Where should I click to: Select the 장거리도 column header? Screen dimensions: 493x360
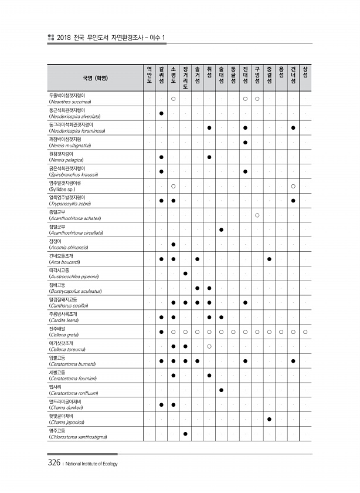185,77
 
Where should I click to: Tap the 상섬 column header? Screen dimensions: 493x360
305,73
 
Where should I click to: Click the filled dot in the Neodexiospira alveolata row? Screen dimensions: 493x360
161,113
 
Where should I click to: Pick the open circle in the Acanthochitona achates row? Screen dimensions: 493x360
257,215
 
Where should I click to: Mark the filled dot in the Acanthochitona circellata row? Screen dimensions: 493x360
221,229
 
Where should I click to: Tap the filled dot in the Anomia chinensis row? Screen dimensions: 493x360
174,244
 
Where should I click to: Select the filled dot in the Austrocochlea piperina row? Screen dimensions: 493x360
185,273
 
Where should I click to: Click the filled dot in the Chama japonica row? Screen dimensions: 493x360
269,419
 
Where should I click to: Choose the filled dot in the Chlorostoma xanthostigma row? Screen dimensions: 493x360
185,434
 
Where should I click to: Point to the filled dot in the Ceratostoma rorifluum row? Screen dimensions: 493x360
221,390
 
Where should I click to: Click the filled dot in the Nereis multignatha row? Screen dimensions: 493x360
245,142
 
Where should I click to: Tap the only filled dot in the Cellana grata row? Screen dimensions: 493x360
161,332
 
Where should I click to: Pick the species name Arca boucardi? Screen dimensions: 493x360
69,262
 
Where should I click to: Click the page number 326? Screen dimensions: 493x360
54,463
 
